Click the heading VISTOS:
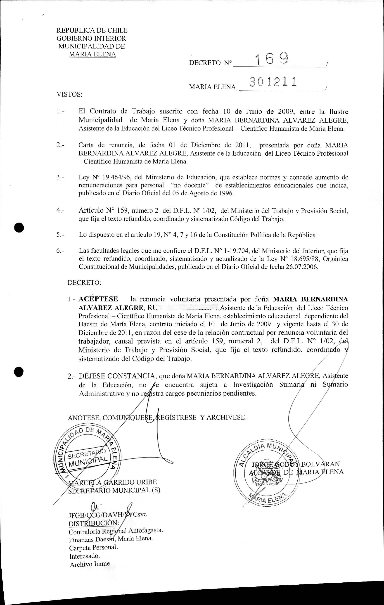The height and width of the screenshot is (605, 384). [x=69, y=95]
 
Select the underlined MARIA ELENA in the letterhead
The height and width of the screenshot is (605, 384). [x=92, y=55]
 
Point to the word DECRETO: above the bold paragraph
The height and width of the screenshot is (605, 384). [x=84, y=282]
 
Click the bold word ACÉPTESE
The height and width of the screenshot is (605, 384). [x=98, y=299]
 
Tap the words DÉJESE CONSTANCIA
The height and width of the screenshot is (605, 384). [x=117, y=376]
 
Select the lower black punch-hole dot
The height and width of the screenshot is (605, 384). [x=19, y=372]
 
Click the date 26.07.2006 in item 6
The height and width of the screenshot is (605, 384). [x=302, y=267]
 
